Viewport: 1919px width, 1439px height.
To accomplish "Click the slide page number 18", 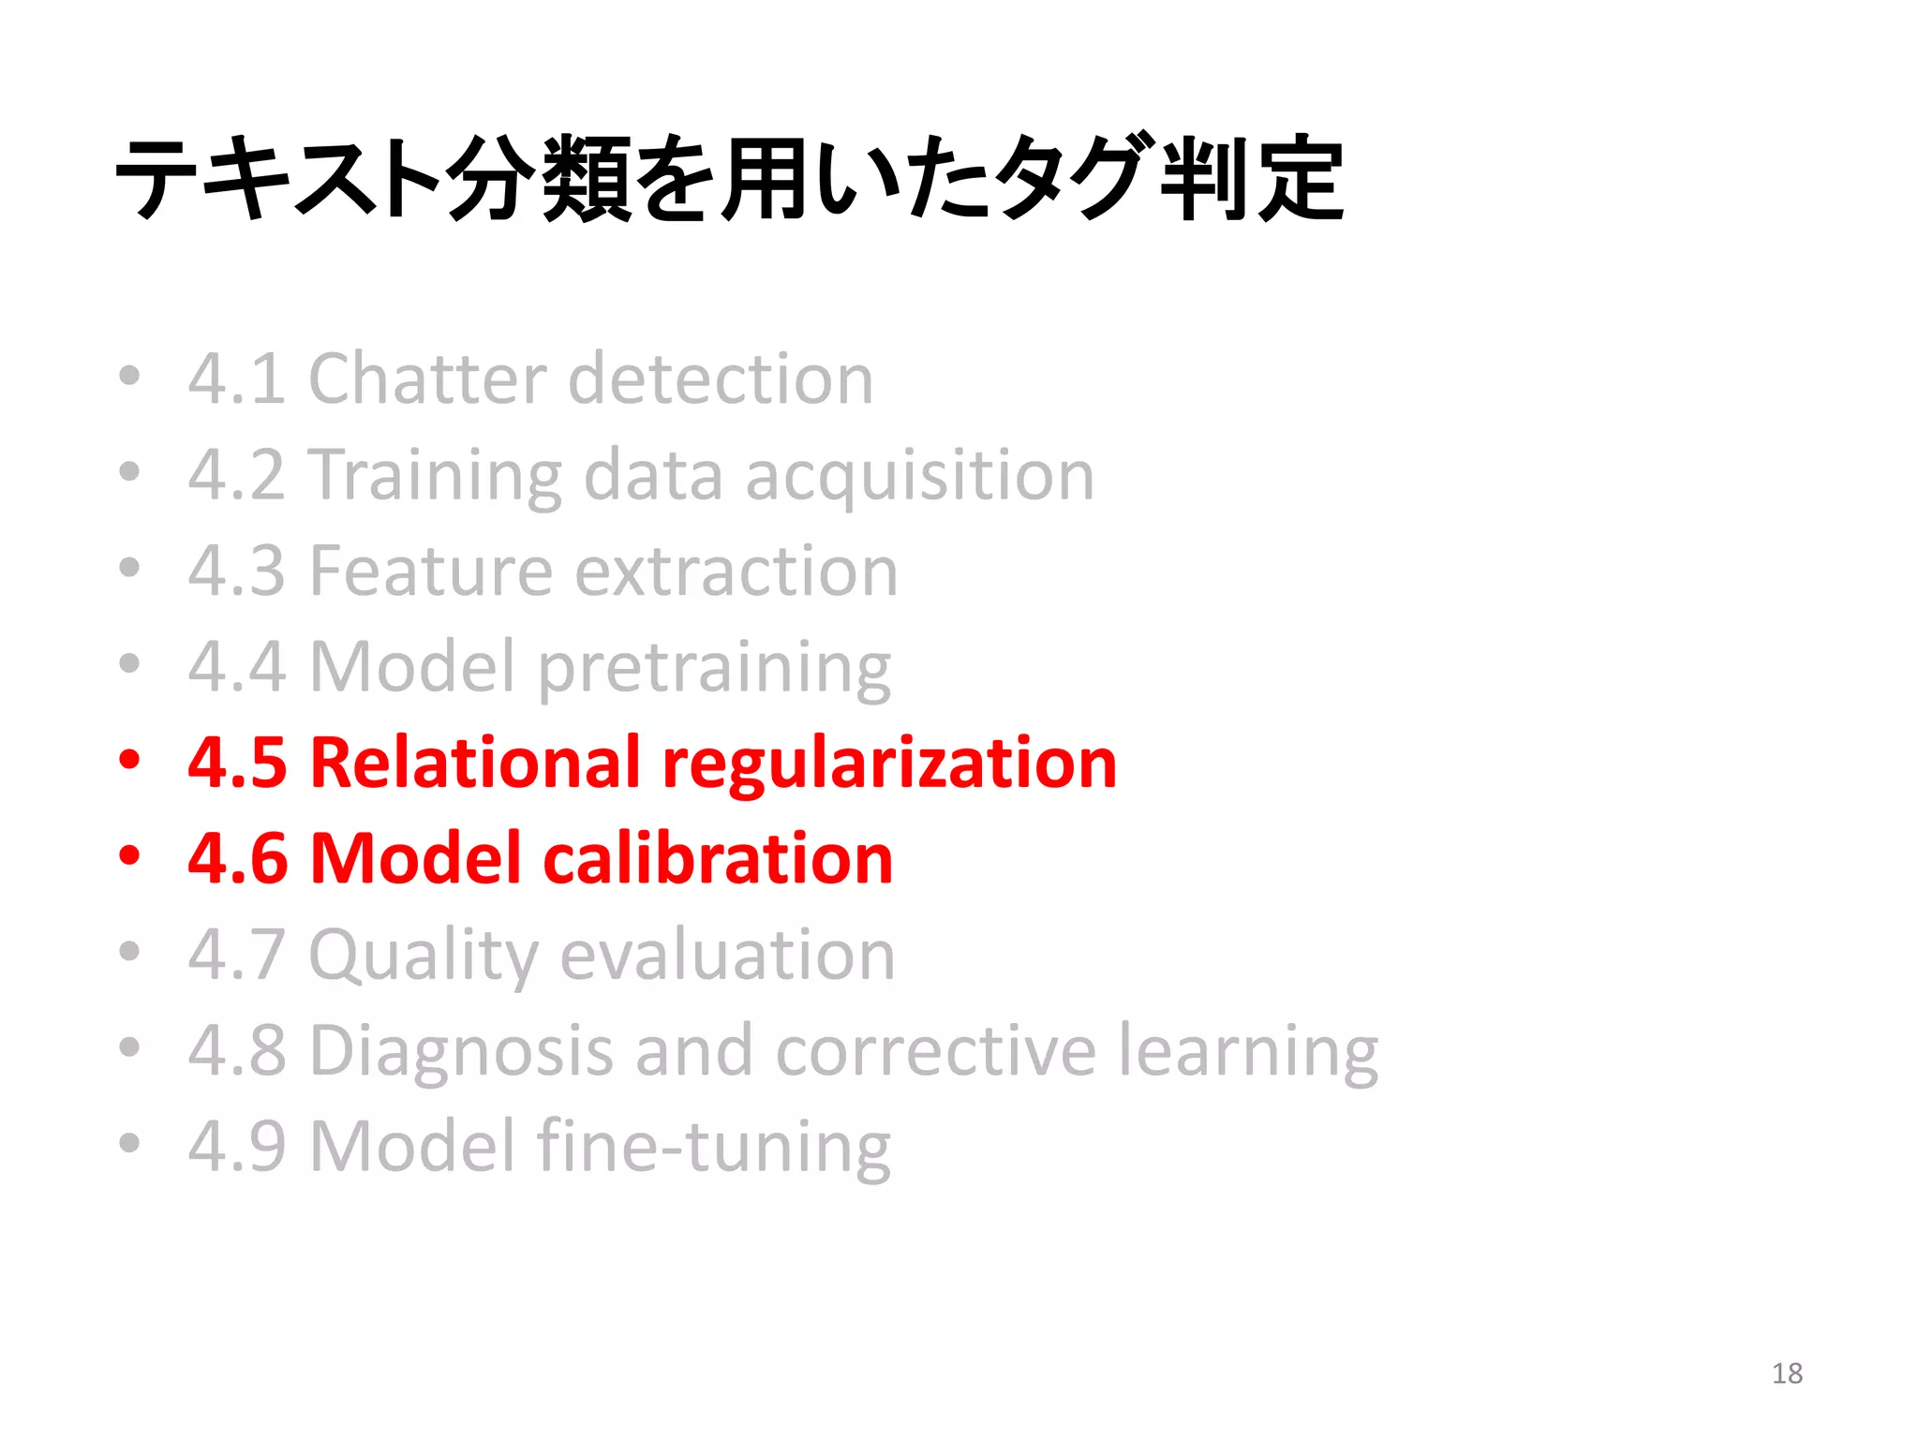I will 1787,1373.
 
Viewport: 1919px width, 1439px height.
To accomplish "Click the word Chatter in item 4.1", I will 426,378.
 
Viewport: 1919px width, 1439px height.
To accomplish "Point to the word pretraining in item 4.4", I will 714,669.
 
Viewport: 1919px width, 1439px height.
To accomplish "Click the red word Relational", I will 474,763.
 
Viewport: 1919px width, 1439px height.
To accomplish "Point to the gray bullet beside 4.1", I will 129,375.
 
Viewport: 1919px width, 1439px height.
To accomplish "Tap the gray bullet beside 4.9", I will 129,1142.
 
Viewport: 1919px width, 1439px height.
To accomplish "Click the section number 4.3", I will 236,571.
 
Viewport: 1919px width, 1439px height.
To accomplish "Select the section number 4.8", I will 236,1051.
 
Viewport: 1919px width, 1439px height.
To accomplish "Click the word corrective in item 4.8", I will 935,1051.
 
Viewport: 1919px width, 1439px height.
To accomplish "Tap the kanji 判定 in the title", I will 1252,178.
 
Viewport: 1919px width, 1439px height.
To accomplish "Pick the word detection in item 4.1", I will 721,378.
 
